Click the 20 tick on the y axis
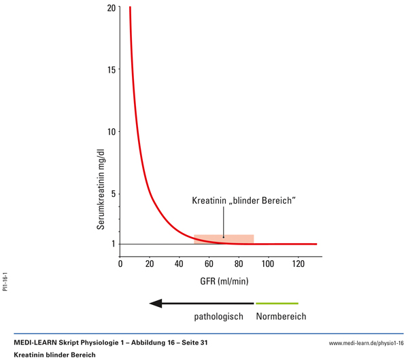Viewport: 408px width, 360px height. pos(111,7)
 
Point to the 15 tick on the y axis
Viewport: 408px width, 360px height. pos(111,69)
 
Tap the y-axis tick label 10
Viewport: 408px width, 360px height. pos(111,131)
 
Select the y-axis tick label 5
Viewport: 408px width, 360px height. pos(113,194)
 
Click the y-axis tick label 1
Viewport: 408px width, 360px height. pos(113,244)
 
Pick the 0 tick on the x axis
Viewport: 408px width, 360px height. pos(121,264)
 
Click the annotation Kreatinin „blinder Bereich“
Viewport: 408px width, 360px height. pos(243,201)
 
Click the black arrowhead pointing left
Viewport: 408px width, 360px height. pos(156,303)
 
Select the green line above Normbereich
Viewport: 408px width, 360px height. pos(277,303)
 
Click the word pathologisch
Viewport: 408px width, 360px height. pos(219,317)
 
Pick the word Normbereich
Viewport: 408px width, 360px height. pos(281,317)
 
